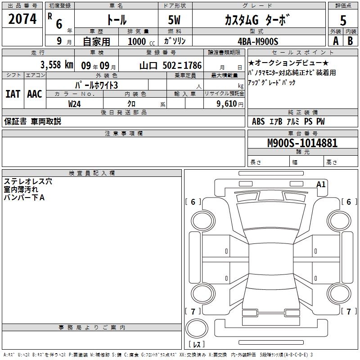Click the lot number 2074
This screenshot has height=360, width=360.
pos(22,19)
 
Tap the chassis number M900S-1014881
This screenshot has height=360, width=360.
pos(302,144)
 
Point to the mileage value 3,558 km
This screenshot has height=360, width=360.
pos(57,65)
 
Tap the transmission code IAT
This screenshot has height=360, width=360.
pos(13,94)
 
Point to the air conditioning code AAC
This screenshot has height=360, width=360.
pos(34,94)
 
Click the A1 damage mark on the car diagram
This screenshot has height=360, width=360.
pos(321,184)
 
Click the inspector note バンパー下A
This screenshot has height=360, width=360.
pos(24,198)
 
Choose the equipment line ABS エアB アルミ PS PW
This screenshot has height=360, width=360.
pos(288,121)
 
